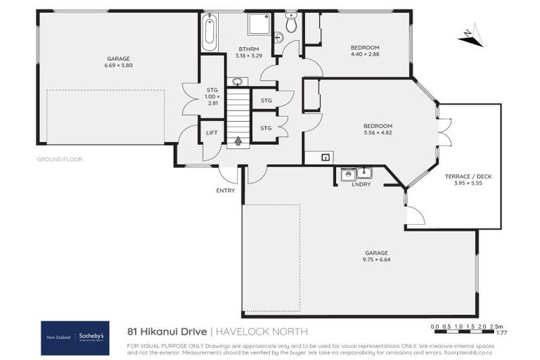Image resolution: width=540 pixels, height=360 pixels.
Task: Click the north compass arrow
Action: pyautogui.click(x=470, y=35)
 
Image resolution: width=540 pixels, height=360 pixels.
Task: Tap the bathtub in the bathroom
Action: pyautogui.click(x=210, y=32)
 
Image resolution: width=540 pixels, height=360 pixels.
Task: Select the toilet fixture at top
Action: pyautogui.click(x=291, y=24)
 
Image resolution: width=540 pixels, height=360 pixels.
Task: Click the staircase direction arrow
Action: pyautogui.click(x=238, y=141)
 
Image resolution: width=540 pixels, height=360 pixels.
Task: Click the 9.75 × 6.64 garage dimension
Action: pyautogui.click(x=376, y=258)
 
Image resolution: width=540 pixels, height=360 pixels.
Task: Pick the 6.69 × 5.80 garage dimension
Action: pyautogui.click(x=118, y=65)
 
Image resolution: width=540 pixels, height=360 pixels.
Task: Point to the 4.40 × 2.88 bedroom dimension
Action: pyautogui.click(x=365, y=54)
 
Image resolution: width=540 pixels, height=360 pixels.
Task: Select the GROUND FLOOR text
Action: pyautogui.click(x=60, y=160)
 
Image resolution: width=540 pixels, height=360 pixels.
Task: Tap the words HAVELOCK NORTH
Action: pyautogui.click(x=262, y=330)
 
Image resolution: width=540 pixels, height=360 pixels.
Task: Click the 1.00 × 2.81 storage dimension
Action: pyautogui.click(x=212, y=99)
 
